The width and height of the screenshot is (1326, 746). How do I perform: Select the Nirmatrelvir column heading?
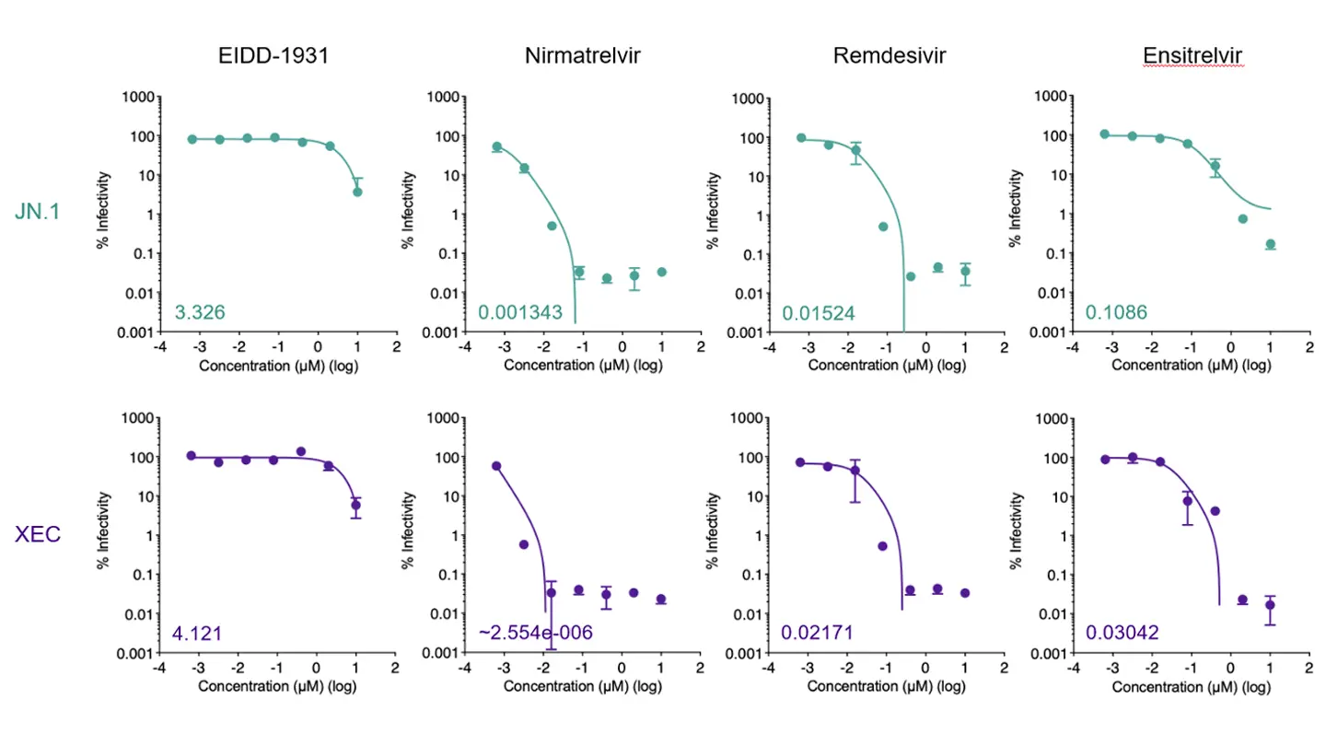(582, 56)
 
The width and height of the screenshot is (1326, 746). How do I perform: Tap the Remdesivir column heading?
(889, 56)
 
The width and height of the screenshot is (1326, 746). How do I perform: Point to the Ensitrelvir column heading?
(1192, 56)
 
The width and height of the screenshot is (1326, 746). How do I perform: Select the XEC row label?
(39, 533)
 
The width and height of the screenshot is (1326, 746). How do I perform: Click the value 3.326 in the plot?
(200, 313)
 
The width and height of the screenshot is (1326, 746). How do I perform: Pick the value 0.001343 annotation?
(521, 313)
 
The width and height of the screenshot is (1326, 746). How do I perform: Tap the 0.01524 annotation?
(819, 313)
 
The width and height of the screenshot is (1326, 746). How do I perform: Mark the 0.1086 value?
(1116, 313)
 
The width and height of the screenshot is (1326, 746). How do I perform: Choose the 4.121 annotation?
(197, 633)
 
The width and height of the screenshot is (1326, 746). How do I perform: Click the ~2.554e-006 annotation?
(535, 633)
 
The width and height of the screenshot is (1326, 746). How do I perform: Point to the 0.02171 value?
(818, 633)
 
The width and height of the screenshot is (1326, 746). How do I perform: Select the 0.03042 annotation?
(1122, 633)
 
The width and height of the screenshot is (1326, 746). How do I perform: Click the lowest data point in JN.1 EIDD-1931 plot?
(357, 192)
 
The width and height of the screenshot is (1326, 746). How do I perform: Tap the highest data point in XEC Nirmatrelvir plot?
(497, 466)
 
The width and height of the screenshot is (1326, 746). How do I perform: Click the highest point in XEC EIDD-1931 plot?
(301, 451)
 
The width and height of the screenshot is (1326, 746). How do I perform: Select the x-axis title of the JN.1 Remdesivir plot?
(887, 366)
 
